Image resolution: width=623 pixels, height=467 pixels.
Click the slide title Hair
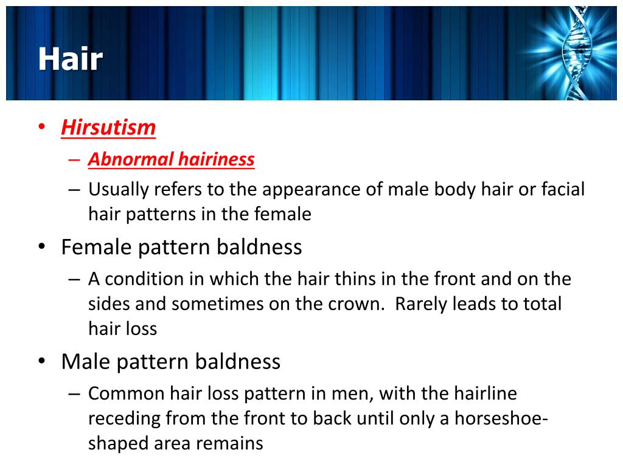70,60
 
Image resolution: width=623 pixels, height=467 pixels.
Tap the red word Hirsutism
108,128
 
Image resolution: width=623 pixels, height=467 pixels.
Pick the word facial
562,190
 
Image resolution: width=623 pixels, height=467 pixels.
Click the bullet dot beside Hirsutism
41,128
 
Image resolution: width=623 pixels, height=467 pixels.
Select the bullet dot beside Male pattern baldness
41,362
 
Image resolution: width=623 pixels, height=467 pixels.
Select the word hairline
485,393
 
